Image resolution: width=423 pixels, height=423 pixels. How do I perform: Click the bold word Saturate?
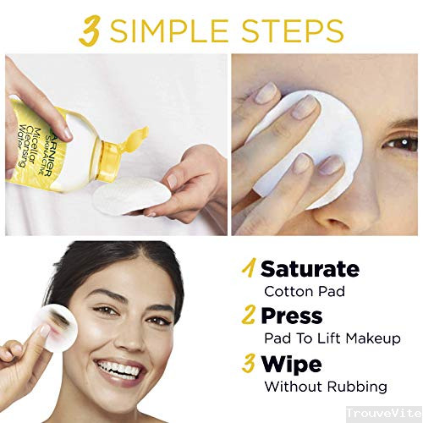pyautogui.click(x=310, y=270)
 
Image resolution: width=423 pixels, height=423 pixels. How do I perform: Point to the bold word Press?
pyautogui.click(x=291, y=316)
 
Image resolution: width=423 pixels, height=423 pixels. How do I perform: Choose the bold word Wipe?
pyautogui.click(x=290, y=364)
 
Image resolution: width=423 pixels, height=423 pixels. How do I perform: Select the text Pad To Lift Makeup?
pyautogui.click(x=332, y=338)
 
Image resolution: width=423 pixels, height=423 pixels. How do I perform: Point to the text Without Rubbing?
pyautogui.click(x=326, y=387)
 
